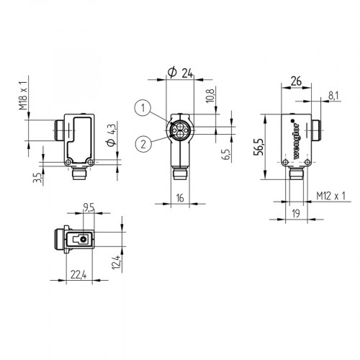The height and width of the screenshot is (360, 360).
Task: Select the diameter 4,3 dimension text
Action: pyautogui.click(x=110, y=136)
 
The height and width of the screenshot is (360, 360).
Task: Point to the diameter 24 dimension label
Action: pyautogui.click(x=180, y=72)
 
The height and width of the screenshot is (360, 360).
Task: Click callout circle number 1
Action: pyautogui.click(x=145, y=109)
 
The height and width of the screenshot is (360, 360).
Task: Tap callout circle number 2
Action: pyautogui.click(x=145, y=143)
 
